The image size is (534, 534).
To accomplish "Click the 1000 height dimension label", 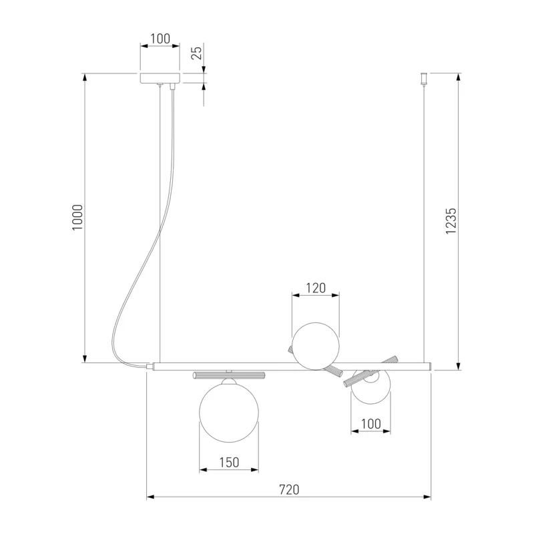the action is pos(77,218).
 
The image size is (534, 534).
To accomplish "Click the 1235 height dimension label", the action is pos(451,221).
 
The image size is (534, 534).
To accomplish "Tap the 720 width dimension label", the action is pos(289,489).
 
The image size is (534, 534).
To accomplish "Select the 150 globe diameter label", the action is pos(229,462).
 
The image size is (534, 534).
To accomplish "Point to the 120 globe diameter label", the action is pos(316,288).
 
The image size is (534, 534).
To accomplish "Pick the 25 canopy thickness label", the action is pos(196,53).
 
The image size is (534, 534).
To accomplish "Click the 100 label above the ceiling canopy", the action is pos(160,39).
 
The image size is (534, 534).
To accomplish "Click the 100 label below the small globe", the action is pos(370,424).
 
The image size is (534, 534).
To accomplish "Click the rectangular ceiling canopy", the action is pos(160,77).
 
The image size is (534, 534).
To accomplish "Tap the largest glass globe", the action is pos(229,413).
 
